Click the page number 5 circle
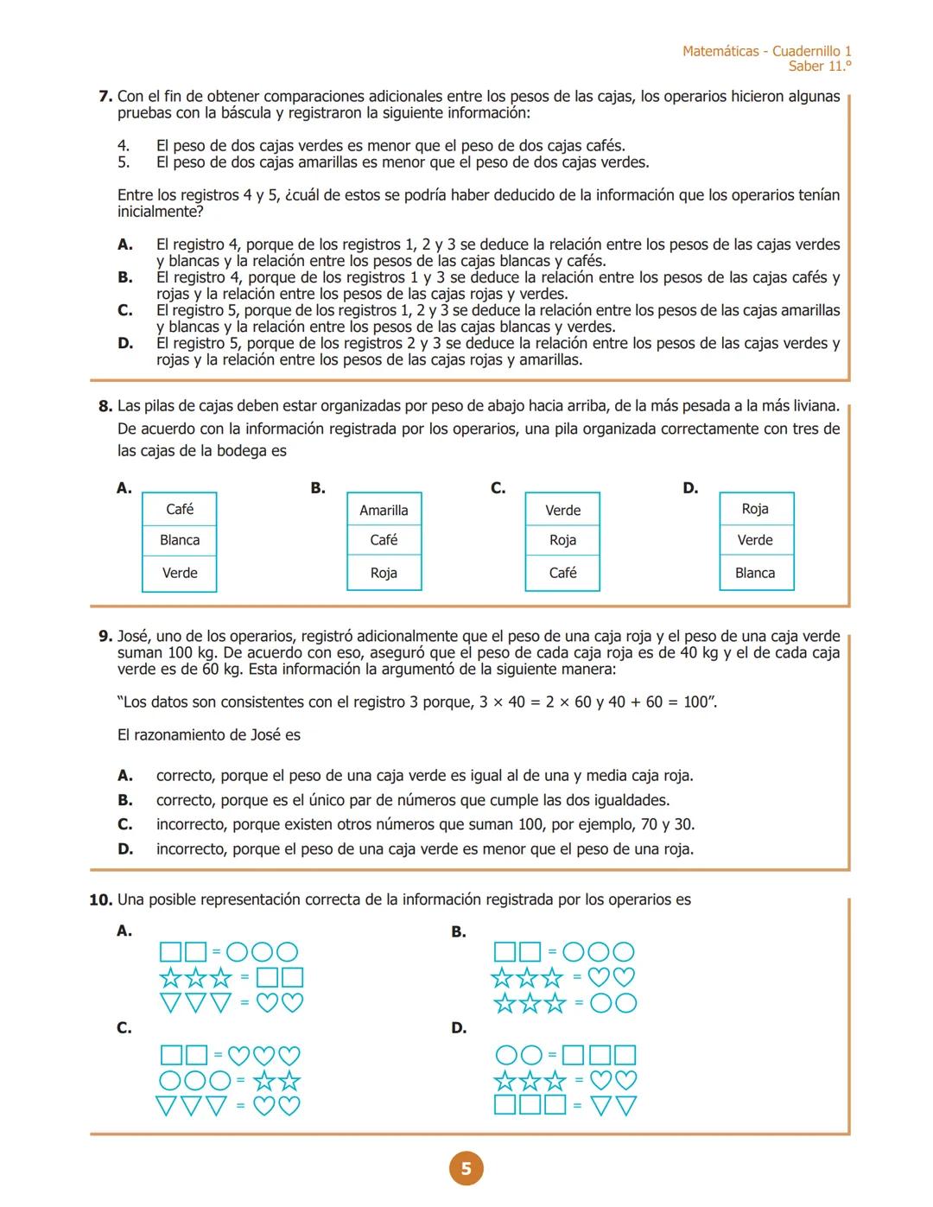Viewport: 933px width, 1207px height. pos(466,1169)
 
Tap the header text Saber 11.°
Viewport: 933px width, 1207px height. pos(819,67)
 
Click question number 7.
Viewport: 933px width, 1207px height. pos(105,97)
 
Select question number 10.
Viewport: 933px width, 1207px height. pos(100,899)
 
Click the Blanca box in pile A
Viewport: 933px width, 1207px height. pos(180,540)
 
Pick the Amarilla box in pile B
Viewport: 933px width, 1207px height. pos(384,510)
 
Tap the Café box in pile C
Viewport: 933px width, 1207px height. pos(562,573)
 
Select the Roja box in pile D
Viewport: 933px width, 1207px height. pos(755,509)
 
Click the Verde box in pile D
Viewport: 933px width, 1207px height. pos(755,540)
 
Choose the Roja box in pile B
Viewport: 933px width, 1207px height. pos(384,573)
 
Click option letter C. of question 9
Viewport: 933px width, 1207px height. pos(125,824)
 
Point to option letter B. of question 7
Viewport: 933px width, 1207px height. pos(125,277)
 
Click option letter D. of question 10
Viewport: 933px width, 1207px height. pos(459,1027)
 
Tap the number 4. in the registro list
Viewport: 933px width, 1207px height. pos(124,146)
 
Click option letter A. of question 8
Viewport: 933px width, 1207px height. pos(124,488)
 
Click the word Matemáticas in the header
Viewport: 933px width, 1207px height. pos(720,51)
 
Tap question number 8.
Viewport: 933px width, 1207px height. pos(105,406)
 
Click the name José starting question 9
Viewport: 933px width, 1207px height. pos(133,637)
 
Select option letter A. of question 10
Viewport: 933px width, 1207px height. pos(124,931)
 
